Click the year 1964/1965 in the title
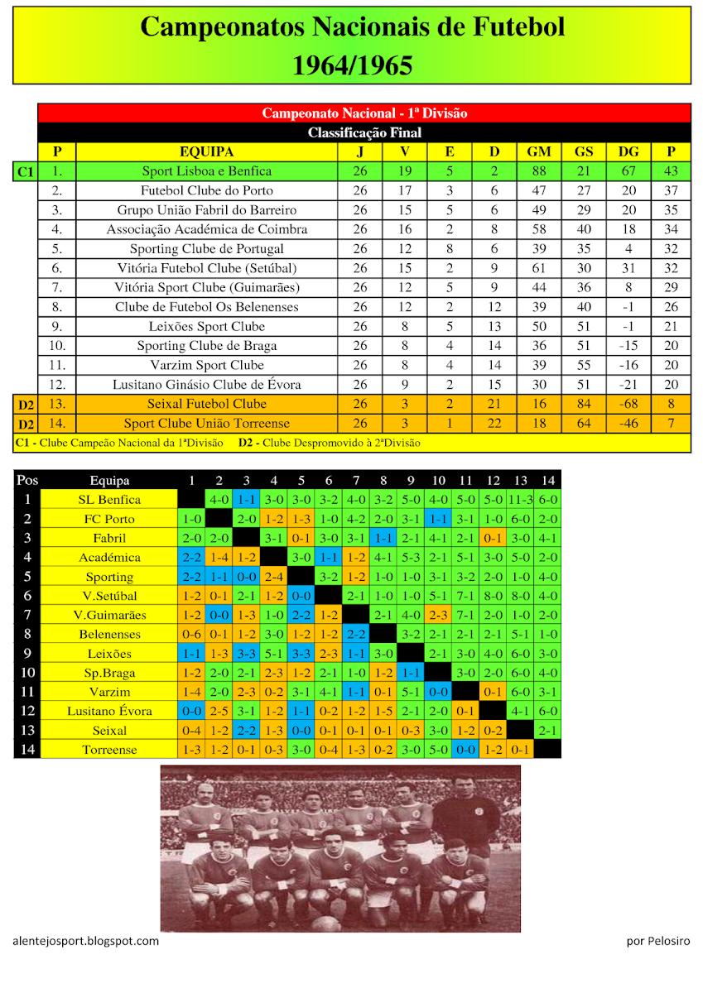coord(352,65)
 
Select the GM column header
coord(539,152)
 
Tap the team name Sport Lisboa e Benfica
coord(206,171)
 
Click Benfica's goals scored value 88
coord(539,171)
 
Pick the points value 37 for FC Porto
coord(672,190)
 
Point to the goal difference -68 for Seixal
coord(628,404)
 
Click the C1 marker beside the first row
coord(25,172)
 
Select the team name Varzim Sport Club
coord(206,365)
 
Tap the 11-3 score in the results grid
coord(521,500)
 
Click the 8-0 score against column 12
coord(494,596)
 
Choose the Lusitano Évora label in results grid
coord(109,711)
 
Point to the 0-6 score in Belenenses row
coord(191,634)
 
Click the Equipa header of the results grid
coord(109,481)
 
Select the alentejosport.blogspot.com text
coord(86,941)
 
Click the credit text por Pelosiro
coord(658,941)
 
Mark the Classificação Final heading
coord(364,132)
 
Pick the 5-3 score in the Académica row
coord(411,558)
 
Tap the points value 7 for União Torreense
coord(672,424)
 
